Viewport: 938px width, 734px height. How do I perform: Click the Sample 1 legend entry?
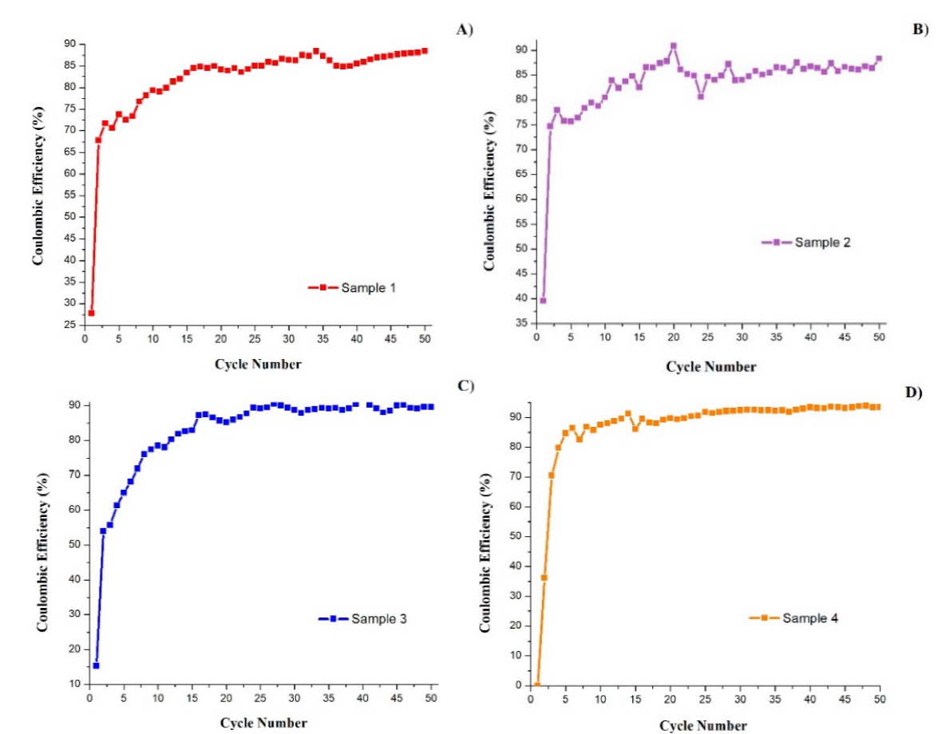(x=352, y=287)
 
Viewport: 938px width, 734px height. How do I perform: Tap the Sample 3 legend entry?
(x=363, y=618)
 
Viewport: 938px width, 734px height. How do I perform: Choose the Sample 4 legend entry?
(x=794, y=618)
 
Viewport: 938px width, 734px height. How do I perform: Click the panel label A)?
(x=465, y=30)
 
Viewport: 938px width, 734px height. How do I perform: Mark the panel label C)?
(x=465, y=385)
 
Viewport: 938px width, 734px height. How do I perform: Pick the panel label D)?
(x=912, y=392)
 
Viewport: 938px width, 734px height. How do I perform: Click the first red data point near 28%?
(x=91, y=313)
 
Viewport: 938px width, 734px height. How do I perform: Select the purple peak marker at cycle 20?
(x=673, y=46)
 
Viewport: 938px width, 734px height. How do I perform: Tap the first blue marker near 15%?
(x=96, y=665)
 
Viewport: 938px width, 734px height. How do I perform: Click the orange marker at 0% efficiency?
(x=537, y=685)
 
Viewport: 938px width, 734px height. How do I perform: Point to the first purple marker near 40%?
(x=543, y=300)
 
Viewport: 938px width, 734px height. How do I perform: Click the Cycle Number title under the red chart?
(x=257, y=365)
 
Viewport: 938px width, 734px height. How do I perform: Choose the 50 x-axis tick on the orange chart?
(x=879, y=700)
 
